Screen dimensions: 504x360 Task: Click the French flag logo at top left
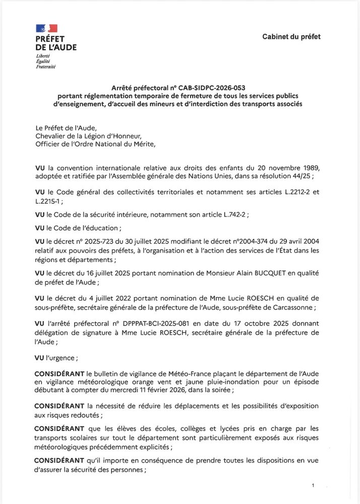47,29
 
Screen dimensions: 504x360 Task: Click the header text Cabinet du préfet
291,37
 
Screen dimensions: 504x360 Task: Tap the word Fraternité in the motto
46,67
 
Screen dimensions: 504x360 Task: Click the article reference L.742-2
234,214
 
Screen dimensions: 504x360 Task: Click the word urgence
62,358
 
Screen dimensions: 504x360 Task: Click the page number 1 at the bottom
313,485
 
